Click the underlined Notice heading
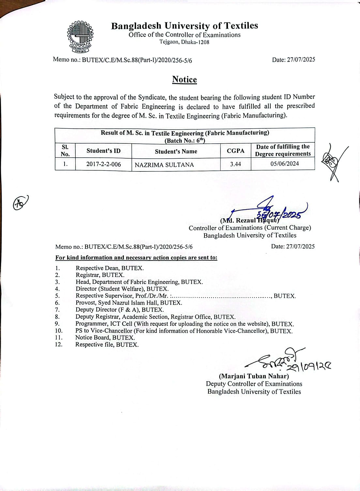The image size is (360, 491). (185, 79)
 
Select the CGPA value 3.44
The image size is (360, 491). (235, 164)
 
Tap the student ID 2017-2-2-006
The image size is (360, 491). (103, 164)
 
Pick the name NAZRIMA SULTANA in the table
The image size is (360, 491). (164, 165)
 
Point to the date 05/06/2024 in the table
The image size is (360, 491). (284, 164)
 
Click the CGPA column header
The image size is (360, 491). (235, 151)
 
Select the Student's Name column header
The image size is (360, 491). (176, 151)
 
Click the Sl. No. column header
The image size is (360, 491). (65, 151)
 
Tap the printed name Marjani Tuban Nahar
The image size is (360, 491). (254, 376)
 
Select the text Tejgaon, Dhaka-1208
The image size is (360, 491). (184, 42)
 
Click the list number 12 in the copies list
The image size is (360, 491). (59, 344)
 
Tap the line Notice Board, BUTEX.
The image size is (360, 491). (105, 338)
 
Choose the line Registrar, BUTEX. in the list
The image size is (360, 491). (100, 275)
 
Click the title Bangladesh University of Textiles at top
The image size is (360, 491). (184, 26)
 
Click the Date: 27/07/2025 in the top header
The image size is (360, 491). (293, 59)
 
